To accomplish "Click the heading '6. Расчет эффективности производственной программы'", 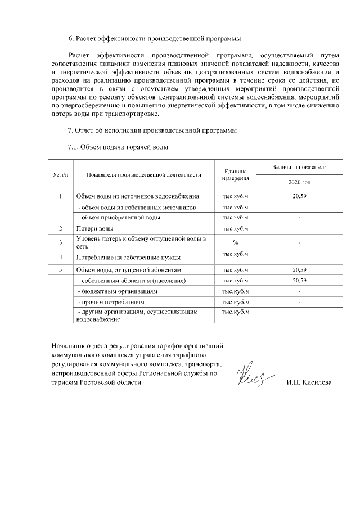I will (154, 39).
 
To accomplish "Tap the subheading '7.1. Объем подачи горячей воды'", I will (118, 147).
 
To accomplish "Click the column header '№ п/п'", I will (60, 174).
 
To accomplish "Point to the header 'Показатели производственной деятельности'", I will (144, 174).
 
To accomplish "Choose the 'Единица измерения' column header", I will (236, 174).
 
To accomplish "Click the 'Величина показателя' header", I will (299, 167).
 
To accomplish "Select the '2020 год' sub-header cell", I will (299, 183).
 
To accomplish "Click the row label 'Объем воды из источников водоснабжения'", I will (138, 196).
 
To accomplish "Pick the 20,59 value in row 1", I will (299, 196).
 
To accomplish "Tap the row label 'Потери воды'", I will (94, 228).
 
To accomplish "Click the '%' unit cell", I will (236, 242).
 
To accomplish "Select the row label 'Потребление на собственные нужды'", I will (128, 258).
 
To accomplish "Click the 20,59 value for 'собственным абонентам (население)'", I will (299, 280).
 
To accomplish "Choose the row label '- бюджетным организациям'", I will (117, 291).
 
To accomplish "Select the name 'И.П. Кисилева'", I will (309, 382).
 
